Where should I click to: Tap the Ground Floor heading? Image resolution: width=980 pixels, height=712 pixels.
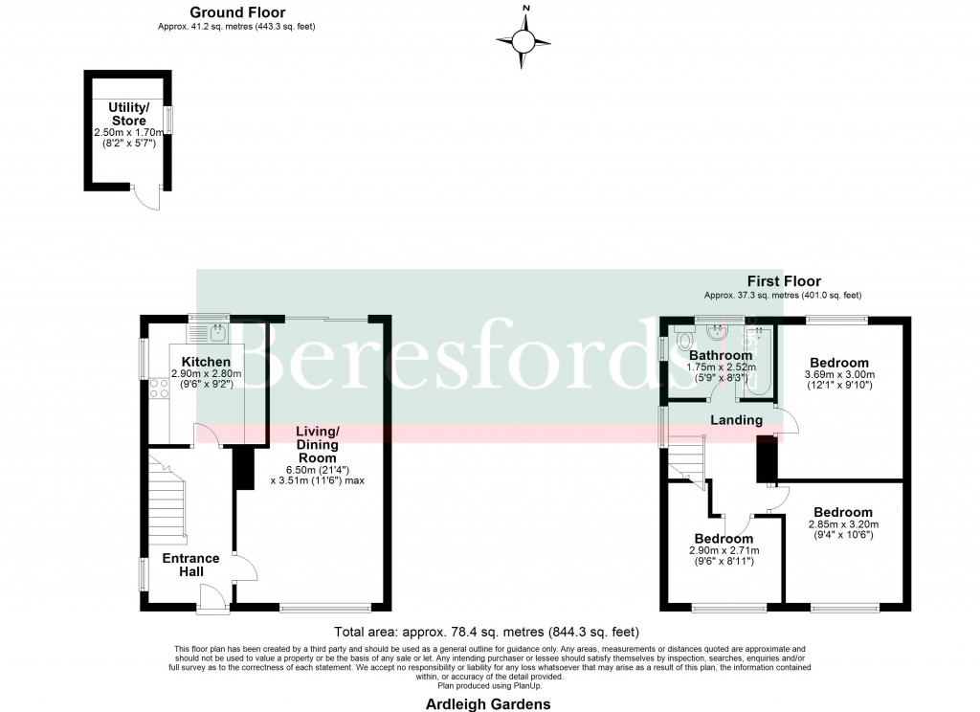point(236,12)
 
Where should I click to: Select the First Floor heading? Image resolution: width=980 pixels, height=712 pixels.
point(784,281)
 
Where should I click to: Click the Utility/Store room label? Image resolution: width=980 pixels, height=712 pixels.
point(127,114)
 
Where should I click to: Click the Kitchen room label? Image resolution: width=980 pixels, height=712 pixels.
point(207,361)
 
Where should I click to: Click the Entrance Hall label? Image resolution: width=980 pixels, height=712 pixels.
point(190,565)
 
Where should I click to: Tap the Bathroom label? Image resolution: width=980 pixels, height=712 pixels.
point(721,355)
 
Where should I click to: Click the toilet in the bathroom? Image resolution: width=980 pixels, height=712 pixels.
point(683,341)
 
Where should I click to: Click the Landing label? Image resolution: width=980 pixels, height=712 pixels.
point(736,420)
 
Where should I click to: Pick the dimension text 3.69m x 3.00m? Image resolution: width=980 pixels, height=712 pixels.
point(839,374)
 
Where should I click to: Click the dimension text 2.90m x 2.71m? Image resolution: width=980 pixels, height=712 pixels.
point(724,550)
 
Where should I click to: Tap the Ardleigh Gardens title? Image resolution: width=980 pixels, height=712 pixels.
point(490,703)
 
